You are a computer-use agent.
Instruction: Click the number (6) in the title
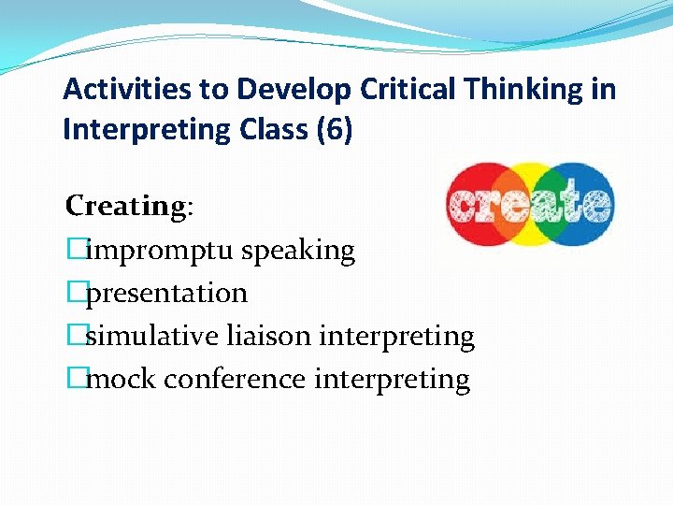(x=334, y=130)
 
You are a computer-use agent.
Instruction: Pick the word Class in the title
(x=271, y=130)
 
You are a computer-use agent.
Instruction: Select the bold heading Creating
(x=126, y=206)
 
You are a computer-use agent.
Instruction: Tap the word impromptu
(x=159, y=251)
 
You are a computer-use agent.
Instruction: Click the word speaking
(x=298, y=251)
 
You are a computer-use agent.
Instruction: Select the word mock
(x=117, y=380)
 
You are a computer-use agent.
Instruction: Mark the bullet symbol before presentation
(x=75, y=294)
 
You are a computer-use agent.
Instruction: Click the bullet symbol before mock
(x=75, y=380)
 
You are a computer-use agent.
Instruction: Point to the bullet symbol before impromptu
(x=75, y=251)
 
